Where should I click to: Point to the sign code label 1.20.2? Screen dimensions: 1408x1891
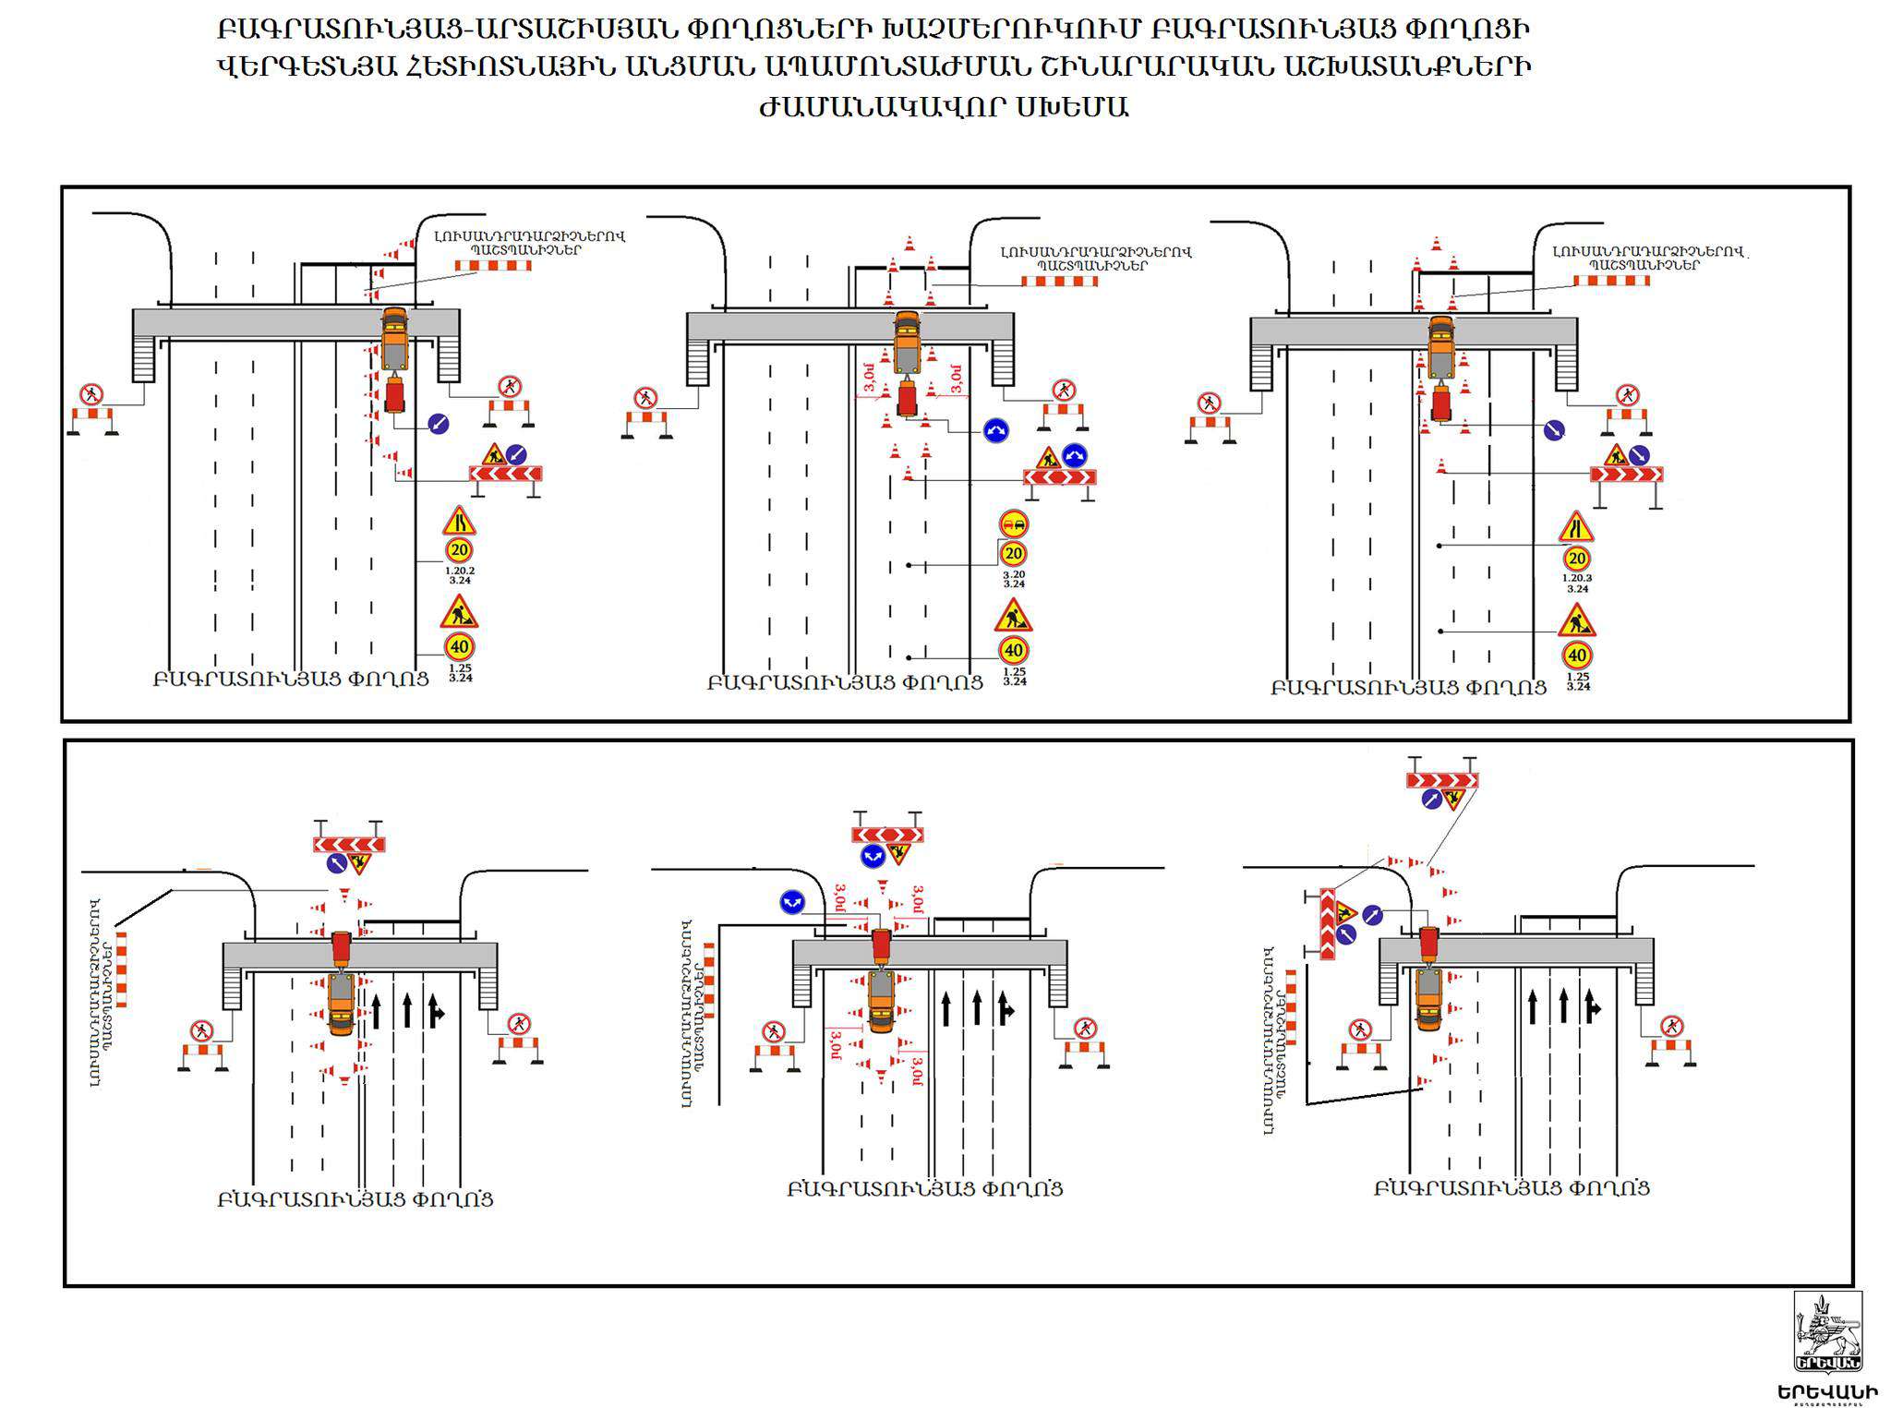(460, 571)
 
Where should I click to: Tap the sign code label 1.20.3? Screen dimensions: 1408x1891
(1577, 578)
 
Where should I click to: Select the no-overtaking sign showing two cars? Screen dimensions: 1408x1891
(1014, 524)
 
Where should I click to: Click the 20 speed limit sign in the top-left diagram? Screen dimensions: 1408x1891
(459, 550)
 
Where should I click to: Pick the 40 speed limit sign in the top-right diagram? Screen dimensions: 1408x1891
(1577, 656)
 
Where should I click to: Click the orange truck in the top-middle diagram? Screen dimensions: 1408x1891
(907, 340)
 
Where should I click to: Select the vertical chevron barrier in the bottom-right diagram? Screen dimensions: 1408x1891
(1327, 923)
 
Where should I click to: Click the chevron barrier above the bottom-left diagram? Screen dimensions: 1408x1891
(348, 844)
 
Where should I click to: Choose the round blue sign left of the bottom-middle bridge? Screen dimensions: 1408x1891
(791, 902)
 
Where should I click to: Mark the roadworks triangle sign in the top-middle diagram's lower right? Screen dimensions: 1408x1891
(1013, 616)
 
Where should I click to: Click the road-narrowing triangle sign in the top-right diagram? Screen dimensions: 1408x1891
(1576, 526)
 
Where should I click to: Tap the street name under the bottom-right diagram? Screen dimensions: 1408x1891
(1512, 1187)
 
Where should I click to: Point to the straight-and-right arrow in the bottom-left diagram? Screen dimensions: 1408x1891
(437, 1011)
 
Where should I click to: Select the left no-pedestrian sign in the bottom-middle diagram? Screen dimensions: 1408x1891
(773, 1030)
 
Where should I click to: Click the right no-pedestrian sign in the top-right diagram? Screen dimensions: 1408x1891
(1627, 394)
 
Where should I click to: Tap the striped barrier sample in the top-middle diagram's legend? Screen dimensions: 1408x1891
(1059, 281)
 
